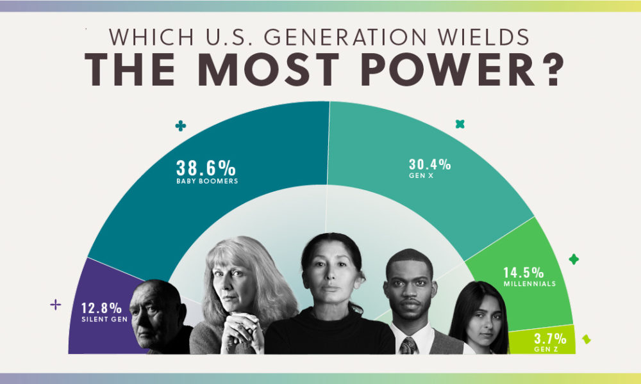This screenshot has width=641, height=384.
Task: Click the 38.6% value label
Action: tap(206, 168)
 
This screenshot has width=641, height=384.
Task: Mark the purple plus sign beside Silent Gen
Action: tap(55, 305)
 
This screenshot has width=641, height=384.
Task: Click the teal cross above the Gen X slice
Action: tap(460, 124)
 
